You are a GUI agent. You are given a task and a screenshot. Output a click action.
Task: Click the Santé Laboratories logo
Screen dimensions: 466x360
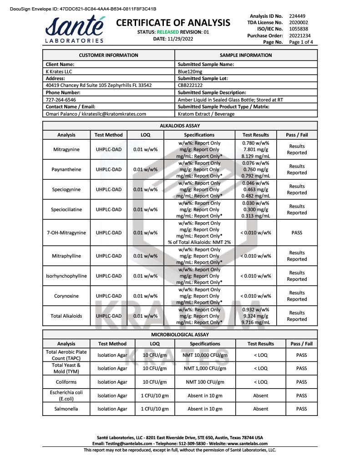pos(75,30)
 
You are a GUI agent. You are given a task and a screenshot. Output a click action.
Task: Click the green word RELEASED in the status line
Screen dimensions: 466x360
pos(167,32)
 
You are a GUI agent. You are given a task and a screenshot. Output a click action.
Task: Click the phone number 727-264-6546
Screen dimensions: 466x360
pos(61,100)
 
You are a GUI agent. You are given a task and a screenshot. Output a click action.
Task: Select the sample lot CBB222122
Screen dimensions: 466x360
pos(190,85)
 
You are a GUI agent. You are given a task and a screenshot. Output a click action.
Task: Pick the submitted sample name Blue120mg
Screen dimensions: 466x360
pos(190,71)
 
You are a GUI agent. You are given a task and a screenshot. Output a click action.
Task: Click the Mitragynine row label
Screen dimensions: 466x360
pos(66,149)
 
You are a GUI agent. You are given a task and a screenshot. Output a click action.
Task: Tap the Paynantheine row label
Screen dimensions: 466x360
pos(66,169)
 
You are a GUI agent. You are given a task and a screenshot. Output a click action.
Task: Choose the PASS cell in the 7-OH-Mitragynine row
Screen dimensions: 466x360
pos(297,233)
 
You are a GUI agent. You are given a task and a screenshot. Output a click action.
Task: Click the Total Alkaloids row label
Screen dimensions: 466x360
pos(66,316)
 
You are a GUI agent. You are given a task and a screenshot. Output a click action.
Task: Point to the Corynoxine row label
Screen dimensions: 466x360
pos(66,296)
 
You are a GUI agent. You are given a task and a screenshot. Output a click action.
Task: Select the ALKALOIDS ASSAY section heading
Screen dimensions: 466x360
pos(180,126)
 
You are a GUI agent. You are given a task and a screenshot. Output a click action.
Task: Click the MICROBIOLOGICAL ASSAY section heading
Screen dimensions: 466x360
pos(180,334)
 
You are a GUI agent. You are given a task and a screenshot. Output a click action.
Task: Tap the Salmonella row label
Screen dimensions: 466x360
pos(66,409)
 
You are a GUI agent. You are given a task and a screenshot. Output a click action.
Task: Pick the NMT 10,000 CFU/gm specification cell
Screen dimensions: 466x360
pos(205,355)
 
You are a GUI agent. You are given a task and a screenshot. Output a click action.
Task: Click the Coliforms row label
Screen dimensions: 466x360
pos(66,382)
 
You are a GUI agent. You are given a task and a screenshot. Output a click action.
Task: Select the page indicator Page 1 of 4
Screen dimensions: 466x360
pos(301,42)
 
